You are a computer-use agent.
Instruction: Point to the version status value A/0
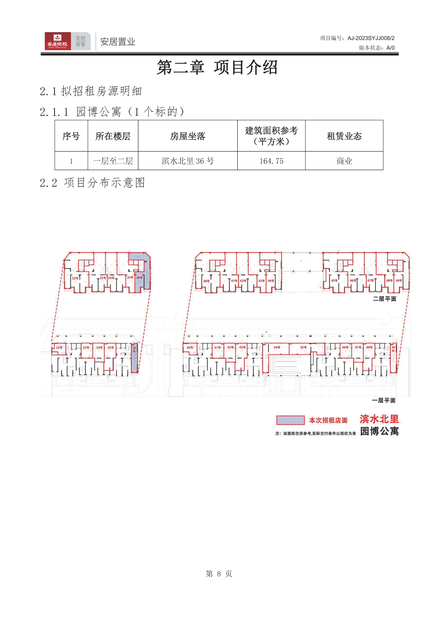pyautogui.click(x=390, y=48)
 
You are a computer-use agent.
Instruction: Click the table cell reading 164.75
pyautogui.click(x=271, y=161)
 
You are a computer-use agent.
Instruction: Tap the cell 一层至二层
pyautogui.click(x=113, y=161)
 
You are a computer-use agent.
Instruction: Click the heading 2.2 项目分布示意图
pyautogui.click(x=92, y=183)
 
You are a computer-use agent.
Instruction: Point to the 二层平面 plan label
pyautogui.click(x=384, y=299)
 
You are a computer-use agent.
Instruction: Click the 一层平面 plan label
pyautogui.click(x=384, y=400)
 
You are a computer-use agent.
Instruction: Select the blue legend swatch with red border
pyautogui.click(x=290, y=420)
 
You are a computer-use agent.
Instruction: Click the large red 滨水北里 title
pyautogui.click(x=379, y=419)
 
